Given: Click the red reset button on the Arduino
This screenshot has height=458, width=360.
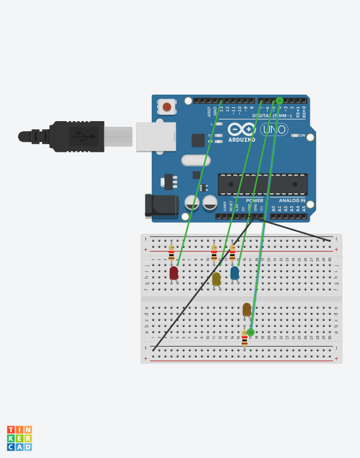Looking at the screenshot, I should (167, 107).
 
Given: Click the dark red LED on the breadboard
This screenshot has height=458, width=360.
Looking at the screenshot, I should (174, 272).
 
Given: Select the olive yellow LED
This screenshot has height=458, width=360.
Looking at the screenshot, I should (216, 279).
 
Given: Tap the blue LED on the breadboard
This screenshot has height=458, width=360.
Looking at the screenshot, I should (235, 272).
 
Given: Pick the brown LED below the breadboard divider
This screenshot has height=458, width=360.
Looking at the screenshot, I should (247, 309).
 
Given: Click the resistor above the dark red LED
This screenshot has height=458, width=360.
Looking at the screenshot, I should (171, 253).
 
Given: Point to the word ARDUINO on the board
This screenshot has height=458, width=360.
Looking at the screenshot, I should (242, 140).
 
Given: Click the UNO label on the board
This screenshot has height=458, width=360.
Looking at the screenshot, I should (274, 130).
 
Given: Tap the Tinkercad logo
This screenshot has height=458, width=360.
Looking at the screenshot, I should (19, 438).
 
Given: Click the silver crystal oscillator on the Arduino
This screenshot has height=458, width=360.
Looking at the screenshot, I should (196, 160).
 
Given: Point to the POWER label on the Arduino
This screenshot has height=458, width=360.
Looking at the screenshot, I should (254, 201).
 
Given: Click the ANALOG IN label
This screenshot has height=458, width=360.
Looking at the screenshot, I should (291, 201).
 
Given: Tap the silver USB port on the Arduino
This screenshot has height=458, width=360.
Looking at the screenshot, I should (156, 137).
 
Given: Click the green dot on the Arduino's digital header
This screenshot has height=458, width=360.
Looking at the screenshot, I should (280, 100).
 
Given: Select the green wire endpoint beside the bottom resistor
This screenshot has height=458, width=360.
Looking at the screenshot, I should (250, 332).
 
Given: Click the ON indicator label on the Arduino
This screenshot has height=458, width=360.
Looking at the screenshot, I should (302, 135).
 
